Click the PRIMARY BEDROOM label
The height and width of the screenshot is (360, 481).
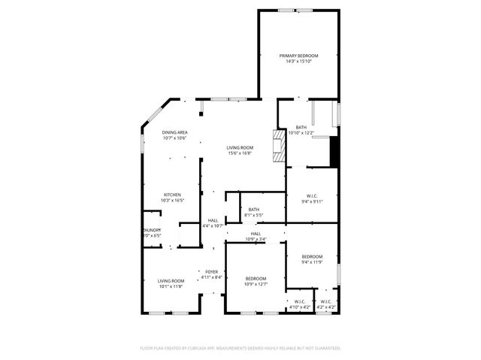(298, 56)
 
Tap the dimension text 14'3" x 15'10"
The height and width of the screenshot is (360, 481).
(298, 62)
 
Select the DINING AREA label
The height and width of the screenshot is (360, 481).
(174, 132)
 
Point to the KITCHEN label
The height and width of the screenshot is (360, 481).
(173, 195)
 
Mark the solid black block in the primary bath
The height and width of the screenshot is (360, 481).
(335, 150)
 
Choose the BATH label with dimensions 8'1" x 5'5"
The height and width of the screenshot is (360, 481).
(253, 210)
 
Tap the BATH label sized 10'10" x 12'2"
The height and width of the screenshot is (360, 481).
(301, 127)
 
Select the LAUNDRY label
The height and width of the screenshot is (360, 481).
(152, 230)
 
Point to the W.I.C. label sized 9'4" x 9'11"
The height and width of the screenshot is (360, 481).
(311, 195)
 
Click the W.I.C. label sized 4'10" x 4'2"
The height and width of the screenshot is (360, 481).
(299, 302)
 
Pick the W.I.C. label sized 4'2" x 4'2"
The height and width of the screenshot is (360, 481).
(325, 302)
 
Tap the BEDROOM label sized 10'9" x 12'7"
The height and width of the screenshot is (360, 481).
(256, 278)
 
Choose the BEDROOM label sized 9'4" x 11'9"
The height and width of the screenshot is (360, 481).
(311, 256)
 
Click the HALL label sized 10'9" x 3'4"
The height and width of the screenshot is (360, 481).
(256, 234)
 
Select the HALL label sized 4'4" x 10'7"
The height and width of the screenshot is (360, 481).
(213, 220)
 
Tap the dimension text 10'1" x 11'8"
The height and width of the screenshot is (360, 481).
(171, 286)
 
